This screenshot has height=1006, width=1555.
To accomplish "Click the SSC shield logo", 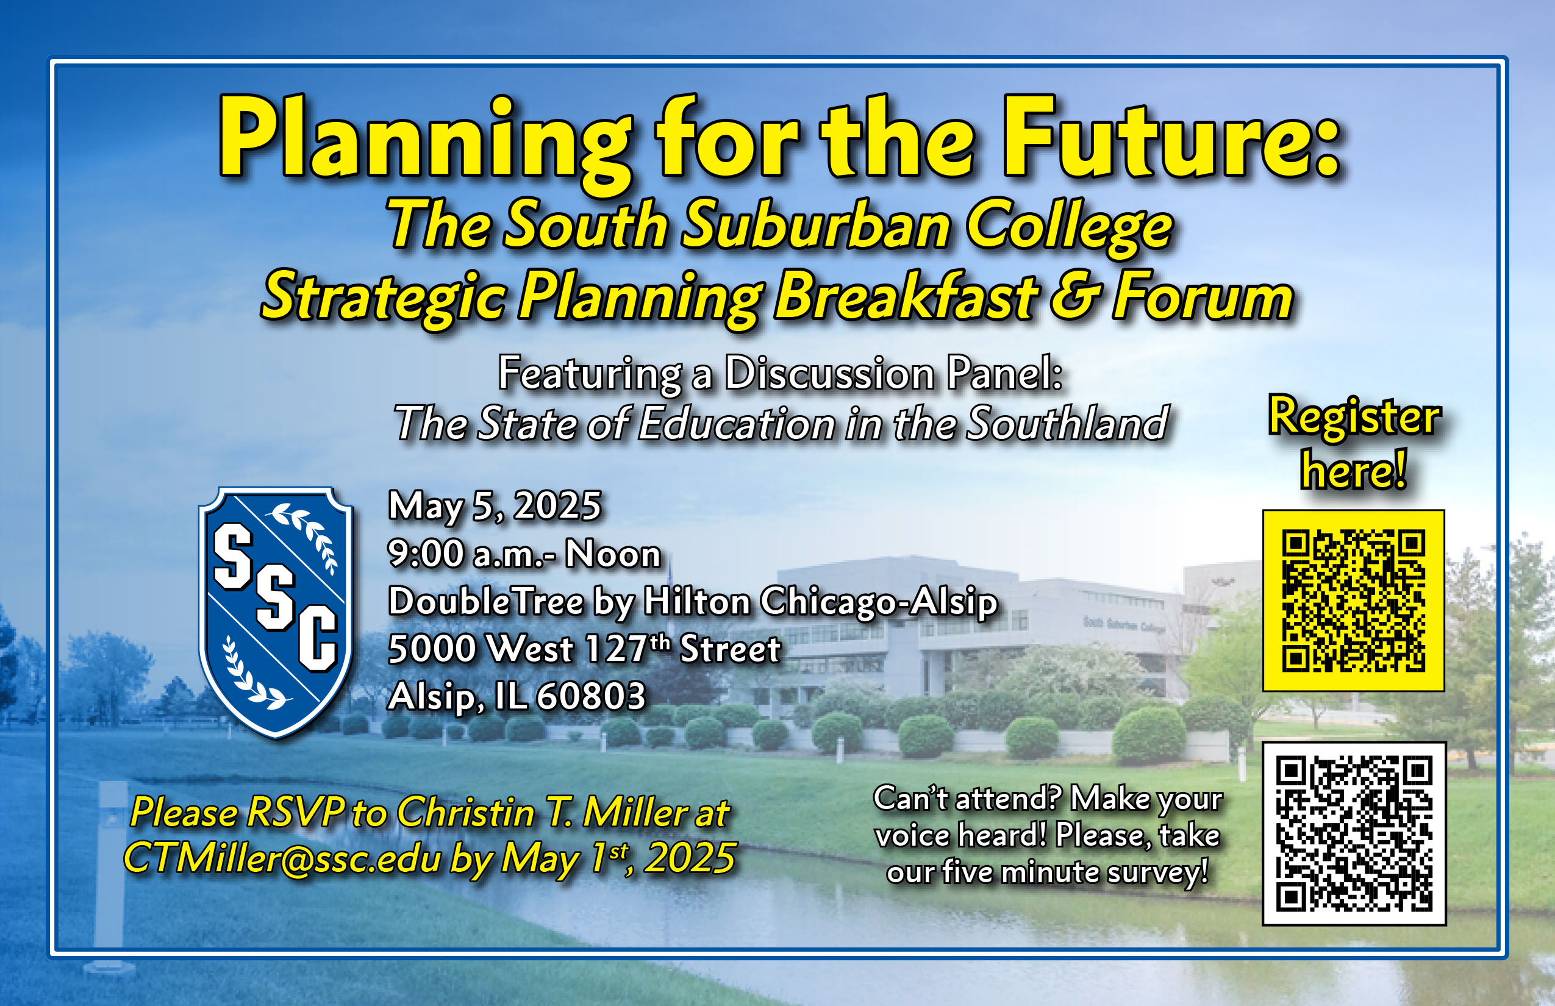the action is pyautogui.click(x=276, y=613).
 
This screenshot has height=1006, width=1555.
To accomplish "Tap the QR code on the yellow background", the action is pyautogui.click(x=1353, y=601).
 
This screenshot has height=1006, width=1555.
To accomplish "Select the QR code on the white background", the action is pyautogui.click(x=1354, y=833).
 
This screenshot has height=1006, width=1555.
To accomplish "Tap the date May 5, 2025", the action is pyautogui.click(x=495, y=506).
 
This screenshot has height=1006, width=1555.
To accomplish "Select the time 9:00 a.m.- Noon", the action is pyautogui.click(x=524, y=554).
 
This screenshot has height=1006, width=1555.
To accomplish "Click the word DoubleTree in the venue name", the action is pyautogui.click(x=486, y=601).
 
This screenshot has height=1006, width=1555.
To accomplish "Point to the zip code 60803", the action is pyautogui.click(x=591, y=696).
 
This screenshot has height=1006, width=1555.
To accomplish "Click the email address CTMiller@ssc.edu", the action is pyautogui.click(x=283, y=858).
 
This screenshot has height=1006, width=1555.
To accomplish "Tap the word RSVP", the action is pyautogui.click(x=295, y=813).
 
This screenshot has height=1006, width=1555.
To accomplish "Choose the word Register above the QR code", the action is pyautogui.click(x=1354, y=419).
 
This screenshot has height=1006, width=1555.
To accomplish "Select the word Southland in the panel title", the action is pyautogui.click(x=1068, y=423).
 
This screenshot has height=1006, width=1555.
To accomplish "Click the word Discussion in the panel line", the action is pyautogui.click(x=830, y=374).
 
